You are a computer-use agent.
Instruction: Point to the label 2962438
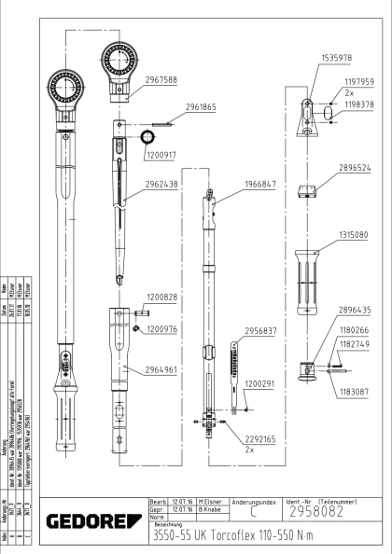[x=161, y=184]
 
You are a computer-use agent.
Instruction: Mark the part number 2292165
[x=260, y=438]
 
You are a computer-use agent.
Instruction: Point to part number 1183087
[x=356, y=393]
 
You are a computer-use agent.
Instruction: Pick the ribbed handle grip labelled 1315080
[x=307, y=279]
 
